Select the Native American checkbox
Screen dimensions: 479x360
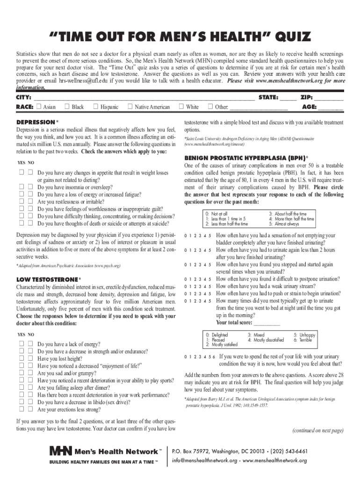130,107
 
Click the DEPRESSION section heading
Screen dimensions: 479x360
36,122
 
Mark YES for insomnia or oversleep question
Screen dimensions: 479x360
22,187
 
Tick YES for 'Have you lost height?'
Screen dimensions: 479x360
22,359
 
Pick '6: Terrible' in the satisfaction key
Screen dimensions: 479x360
303,340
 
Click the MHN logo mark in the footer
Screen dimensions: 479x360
60,451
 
